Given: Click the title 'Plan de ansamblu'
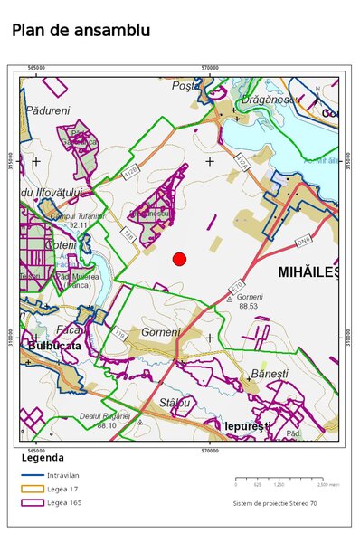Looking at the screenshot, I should [81, 31].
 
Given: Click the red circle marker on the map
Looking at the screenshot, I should [179, 260].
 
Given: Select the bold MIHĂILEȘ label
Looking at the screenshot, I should [308, 271].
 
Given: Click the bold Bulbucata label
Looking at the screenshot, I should [54, 346].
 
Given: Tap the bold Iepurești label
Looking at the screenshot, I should [248, 425].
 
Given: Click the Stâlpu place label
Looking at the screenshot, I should [175, 402].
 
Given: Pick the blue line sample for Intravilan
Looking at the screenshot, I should [32, 475].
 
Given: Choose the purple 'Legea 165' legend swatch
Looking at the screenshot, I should [32, 502].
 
